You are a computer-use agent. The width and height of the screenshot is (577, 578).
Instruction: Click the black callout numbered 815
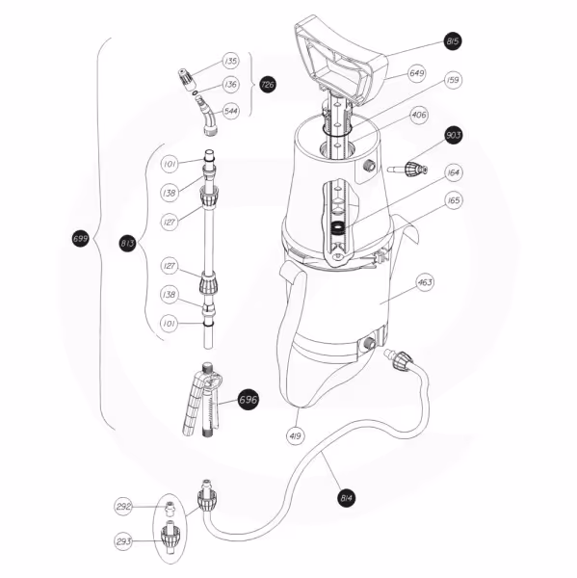click(x=453, y=40)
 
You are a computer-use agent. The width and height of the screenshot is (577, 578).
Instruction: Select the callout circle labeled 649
click(x=417, y=73)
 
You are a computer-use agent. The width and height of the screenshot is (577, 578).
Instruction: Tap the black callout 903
click(x=453, y=135)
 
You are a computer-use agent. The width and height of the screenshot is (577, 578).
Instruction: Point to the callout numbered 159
click(x=453, y=80)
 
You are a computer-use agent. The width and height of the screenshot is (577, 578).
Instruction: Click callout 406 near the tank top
click(x=419, y=115)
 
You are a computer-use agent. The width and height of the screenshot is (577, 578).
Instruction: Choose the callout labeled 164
click(x=453, y=172)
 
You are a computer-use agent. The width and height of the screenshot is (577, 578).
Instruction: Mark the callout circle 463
click(x=425, y=282)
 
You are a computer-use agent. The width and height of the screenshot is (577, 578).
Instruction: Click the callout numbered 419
click(x=296, y=436)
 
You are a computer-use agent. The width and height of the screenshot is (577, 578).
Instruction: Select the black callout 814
click(x=346, y=498)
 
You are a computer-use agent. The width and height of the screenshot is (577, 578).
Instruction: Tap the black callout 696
click(x=248, y=400)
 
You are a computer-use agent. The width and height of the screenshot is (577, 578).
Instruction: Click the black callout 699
click(x=80, y=239)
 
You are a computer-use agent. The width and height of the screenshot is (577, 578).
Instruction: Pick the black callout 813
click(x=127, y=244)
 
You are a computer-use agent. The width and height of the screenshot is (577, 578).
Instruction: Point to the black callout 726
click(x=267, y=85)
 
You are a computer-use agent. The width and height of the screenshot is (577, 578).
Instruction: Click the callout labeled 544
click(x=231, y=111)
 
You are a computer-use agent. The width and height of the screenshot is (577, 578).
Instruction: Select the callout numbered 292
click(x=123, y=507)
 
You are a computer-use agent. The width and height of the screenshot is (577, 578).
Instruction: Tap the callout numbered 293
click(x=123, y=541)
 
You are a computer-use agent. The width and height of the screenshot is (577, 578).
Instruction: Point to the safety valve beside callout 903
click(x=408, y=170)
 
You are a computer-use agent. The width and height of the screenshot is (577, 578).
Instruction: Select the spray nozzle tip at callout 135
click(x=186, y=79)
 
